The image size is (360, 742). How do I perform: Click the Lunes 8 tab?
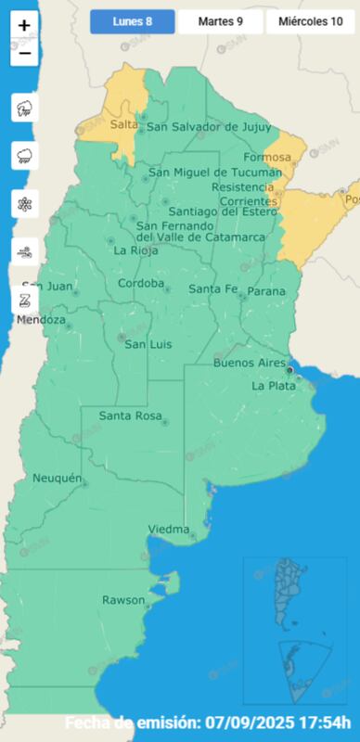pyautogui.click(x=132, y=21)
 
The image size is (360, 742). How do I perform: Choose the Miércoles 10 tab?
pyautogui.click(x=311, y=21)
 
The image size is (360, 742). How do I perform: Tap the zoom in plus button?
pyautogui.click(x=24, y=26)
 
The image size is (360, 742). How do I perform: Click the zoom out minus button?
pyautogui.click(x=24, y=53)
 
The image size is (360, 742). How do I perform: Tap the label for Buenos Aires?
pyautogui.click(x=249, y=363)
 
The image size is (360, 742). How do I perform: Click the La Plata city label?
pyautogui.click(x=273, y=386)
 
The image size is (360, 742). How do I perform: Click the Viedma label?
pyautogui.click(x=169, y=530)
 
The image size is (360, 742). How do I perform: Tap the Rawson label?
pyautogui.click(x=123, y=600)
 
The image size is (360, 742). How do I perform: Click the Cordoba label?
pyautogui.click(x=141, y=284)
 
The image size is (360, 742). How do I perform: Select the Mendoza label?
pyautogui.click(x=41, y=320)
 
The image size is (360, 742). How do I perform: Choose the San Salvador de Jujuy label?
pyautogui.click(x=209, y=127)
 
